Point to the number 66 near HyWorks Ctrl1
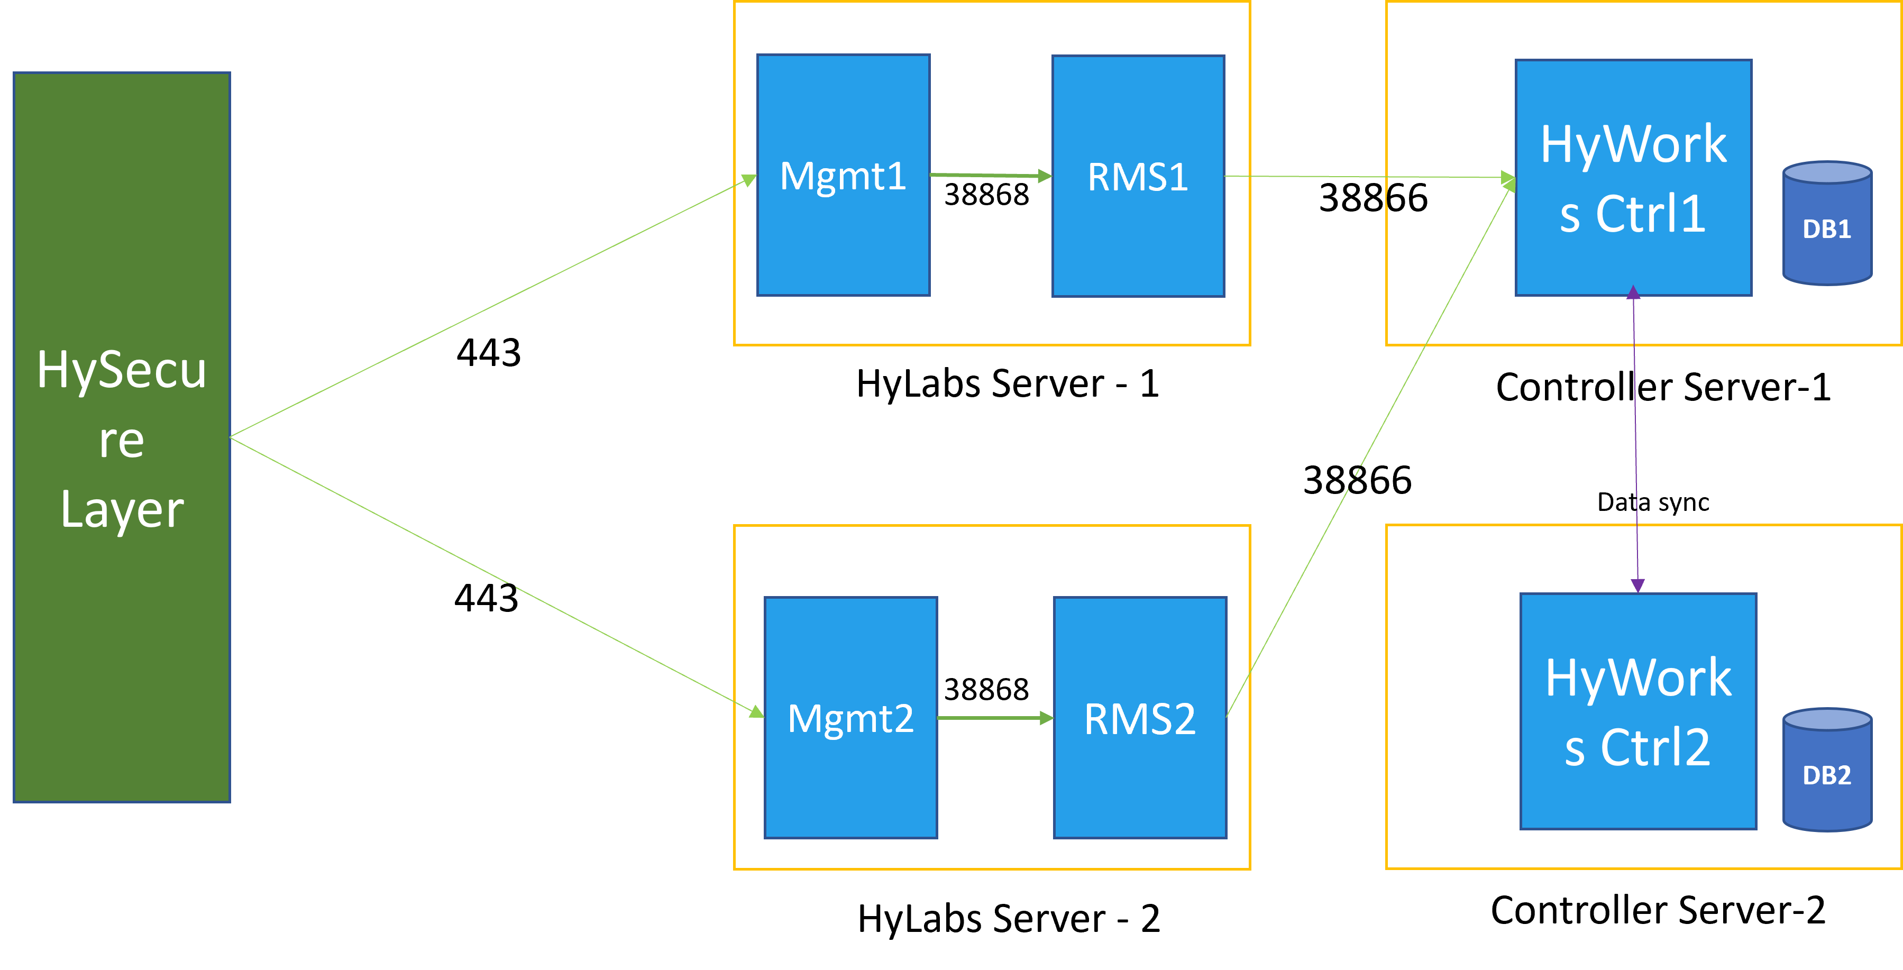pyautogui.click(x=1406, y=198)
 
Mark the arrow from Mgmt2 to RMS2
pyautogui.click(x=990, y=717)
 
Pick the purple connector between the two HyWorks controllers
pyautogui.click(x=1635, y=443)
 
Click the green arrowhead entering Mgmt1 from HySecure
pyautogui.click(x=749, y=180)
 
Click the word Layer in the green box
pyautogui.click(x=122, y=510)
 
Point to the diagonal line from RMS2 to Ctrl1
pyautogui.click(x=1367, y=451)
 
